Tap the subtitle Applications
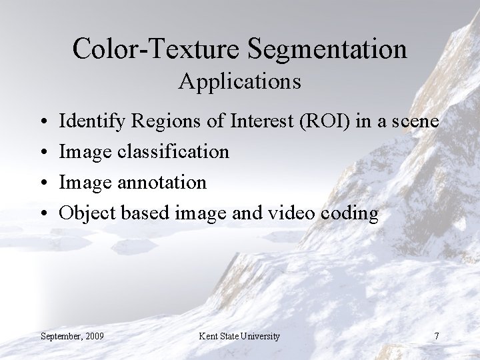tap(239, 81)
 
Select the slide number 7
tap(436, 336)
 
